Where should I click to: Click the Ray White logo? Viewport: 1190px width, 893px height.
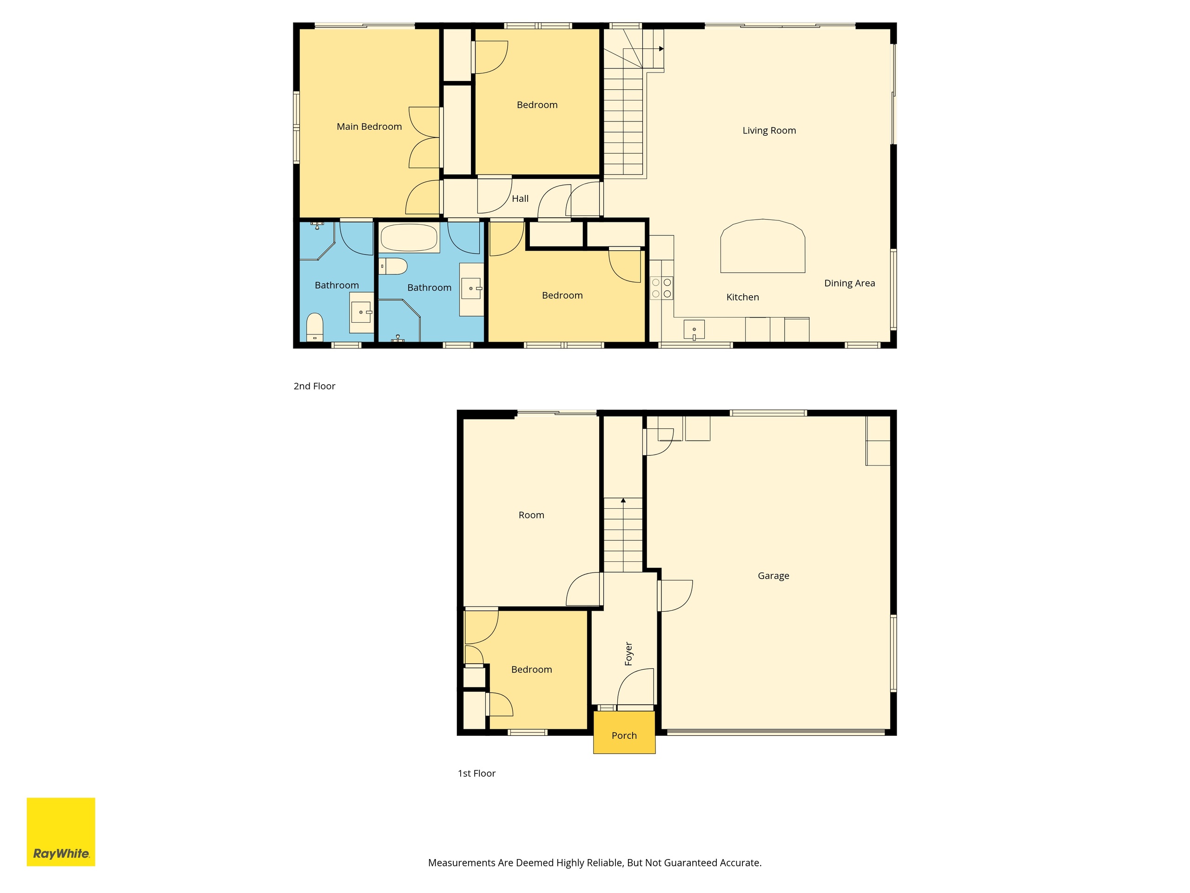61,832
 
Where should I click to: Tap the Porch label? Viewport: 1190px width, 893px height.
624,735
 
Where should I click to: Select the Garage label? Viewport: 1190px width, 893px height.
773,576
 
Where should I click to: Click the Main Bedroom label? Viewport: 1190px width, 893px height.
369,127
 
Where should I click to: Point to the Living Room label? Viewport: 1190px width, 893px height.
769,130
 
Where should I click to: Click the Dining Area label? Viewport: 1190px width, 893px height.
849,283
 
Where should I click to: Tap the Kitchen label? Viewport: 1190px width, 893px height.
742,297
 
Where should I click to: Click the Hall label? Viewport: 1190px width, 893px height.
520,199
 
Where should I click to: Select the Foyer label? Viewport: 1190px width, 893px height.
628,653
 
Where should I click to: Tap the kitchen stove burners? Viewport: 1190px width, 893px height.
661,288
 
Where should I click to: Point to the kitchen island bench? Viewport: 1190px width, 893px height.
763,246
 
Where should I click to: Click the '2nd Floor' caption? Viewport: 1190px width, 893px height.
314,386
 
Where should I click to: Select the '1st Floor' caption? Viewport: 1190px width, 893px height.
476,773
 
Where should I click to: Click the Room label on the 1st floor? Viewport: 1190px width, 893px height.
531,515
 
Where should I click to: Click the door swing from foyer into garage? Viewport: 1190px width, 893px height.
676,595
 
